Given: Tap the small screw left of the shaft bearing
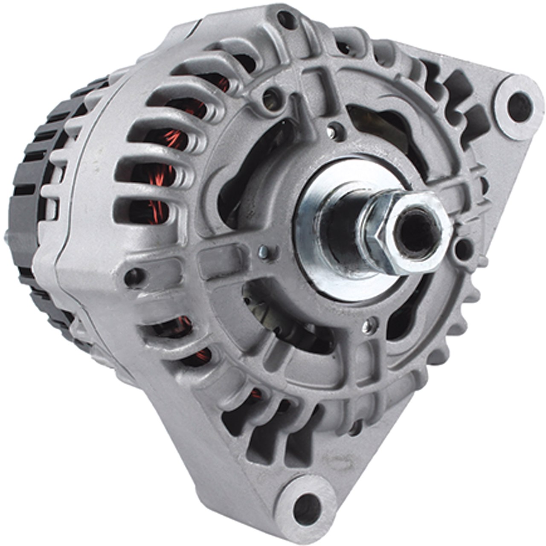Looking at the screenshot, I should tap(264, 253).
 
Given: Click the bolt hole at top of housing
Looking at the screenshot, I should tap(287, 19).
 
